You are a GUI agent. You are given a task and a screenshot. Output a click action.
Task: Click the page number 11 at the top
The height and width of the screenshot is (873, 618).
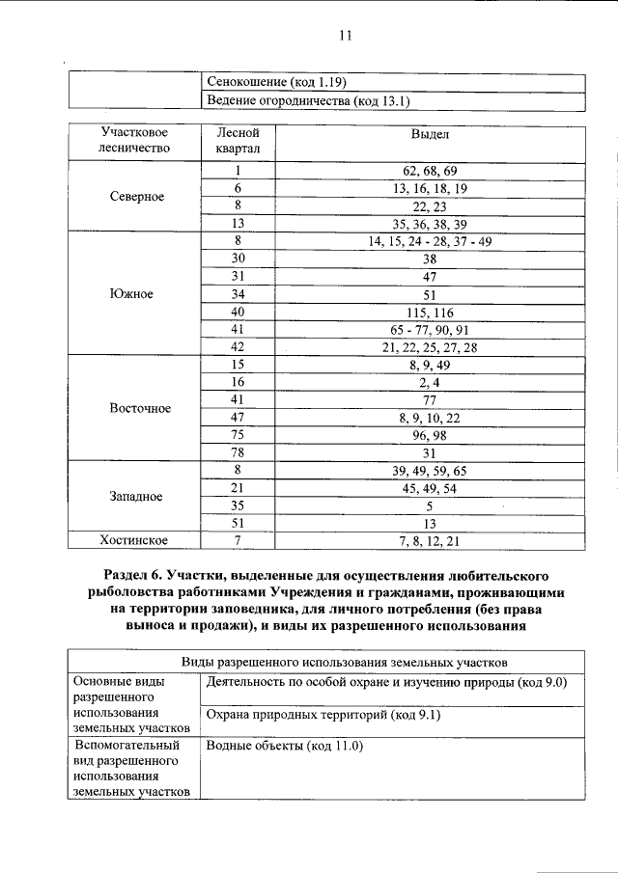click(346, 37)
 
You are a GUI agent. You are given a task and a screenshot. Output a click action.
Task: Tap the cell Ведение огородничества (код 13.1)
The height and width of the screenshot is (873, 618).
click(301, 100)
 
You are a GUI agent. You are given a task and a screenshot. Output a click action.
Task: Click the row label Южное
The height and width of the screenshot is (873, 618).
click(133, 293)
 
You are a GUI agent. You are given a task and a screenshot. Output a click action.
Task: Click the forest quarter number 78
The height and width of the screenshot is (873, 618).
click(237, 452)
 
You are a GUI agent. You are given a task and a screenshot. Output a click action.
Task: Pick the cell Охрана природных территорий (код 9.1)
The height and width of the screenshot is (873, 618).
click(303, 716)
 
